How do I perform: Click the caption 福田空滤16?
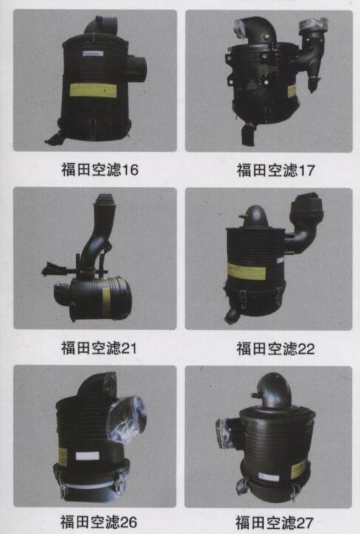(x=100, y=169)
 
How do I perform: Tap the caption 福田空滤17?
(x=276, y=170)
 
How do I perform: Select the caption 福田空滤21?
(x=99, y=348)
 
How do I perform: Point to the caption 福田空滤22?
(x=276, y=349)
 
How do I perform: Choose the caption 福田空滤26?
(x=98, y=521)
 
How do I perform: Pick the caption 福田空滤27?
(x=274, y=522)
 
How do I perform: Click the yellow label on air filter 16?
(x=93, y=90)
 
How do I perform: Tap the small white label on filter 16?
(x=93, y=53)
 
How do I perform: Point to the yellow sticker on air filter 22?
(x=246, y=271)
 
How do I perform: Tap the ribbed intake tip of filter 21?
(x=104, y=201)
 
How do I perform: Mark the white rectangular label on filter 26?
(x=88, y=456)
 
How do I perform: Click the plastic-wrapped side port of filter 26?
(x=127, y=418)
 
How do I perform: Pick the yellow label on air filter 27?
(x=299, y=469)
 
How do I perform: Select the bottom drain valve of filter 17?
(x=248, y=134)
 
